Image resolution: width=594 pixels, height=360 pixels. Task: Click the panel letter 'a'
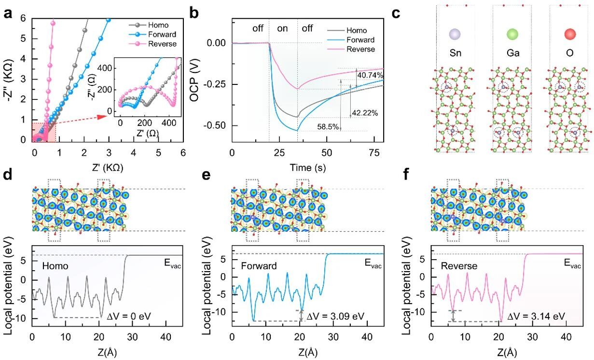point(7,13)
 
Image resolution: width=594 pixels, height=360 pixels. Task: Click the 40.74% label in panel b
point(370,75)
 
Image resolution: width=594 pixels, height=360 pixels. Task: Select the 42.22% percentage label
point(365,113)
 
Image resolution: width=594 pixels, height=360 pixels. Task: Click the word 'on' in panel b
point(282,28)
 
